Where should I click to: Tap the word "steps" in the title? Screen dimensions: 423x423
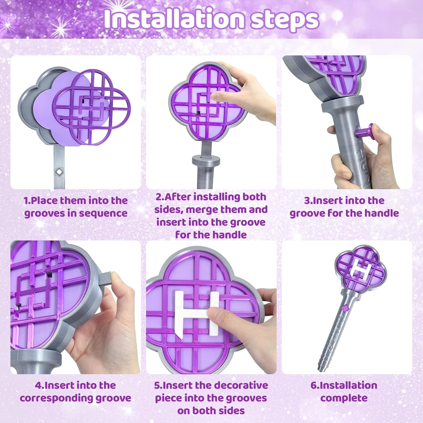(285, 21)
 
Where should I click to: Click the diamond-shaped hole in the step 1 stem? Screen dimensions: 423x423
(59, 171)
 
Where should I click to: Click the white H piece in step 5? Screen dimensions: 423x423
(197, 313)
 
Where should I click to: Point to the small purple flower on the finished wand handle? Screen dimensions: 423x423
(345, 308)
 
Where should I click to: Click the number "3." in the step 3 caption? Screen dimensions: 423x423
(308, 201)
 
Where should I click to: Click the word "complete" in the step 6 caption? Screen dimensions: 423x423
(344, 398)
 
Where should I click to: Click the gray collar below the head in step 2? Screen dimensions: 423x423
(206, 161)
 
